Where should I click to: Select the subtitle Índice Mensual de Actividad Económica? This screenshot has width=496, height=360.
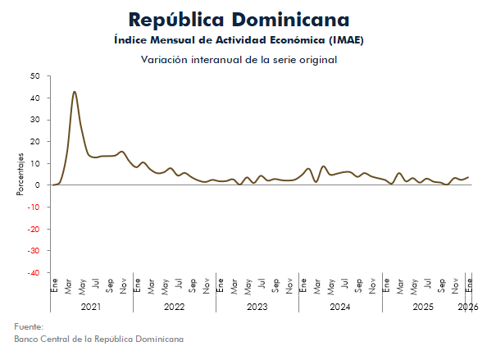[239, 40]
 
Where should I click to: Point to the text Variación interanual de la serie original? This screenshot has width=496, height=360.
[239, 60]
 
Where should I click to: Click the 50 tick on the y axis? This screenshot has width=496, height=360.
[34, 76]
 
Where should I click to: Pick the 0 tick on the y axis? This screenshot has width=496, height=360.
[38, 185]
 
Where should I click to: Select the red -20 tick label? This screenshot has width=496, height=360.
[33, 229]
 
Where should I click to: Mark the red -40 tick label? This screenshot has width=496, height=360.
[33, 272]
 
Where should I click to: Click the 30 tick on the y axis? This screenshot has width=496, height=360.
[34, 120]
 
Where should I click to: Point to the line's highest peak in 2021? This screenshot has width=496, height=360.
[75, 92]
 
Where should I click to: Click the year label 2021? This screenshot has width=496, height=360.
[91, 307]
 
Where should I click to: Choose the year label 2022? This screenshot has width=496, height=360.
[174, 307]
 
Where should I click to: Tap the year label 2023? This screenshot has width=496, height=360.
[257, 307]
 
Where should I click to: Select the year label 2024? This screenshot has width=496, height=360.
[339, 307]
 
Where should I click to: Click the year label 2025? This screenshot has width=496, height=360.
[422, 307]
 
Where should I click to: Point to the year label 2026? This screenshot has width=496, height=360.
[468, 307]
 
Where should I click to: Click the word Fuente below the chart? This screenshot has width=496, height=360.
[30, 326]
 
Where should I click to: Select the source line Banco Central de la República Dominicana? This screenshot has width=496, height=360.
[98, 339]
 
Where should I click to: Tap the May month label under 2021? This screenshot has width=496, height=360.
[83, 287]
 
